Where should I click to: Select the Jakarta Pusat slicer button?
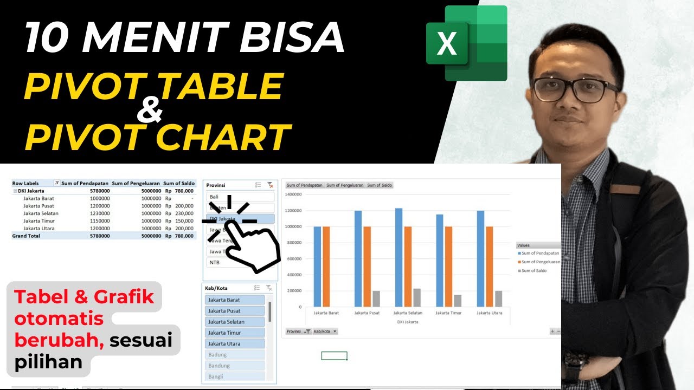point(235,311)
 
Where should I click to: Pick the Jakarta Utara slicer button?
point(235,343)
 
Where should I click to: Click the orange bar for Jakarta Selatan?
point(407,266)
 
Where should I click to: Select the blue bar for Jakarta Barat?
point(317,266)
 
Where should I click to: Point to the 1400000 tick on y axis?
point(292,194)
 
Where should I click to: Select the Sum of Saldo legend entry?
point(534,271)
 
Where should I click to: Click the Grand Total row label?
point(25,236)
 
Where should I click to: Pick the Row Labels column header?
point(25,184)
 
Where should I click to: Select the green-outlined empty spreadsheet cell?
point(334,356)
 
